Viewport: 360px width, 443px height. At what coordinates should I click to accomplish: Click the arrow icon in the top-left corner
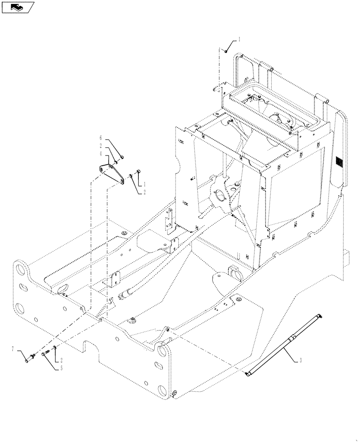click(18, 7)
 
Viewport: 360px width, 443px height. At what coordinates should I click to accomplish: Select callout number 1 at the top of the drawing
click(239, 40)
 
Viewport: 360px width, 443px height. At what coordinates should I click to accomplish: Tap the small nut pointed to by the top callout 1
click(226, 52)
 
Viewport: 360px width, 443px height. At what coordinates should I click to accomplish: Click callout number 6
click(101, 139)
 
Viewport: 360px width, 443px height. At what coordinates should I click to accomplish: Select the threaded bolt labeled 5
click(46, 353)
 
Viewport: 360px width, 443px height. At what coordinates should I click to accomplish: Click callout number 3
click(301, 361)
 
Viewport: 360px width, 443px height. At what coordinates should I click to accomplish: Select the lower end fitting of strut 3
click(247, 375)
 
